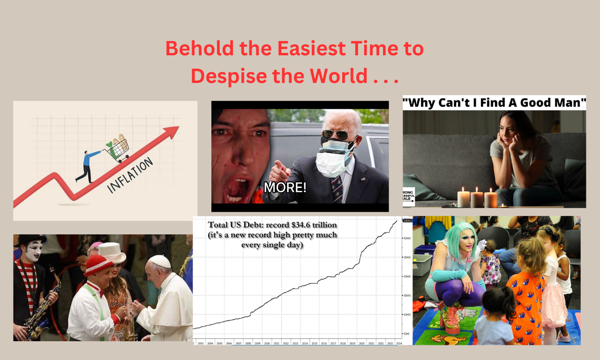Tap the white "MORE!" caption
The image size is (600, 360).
click(285, 187)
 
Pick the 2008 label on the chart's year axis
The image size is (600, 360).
click(247, 343)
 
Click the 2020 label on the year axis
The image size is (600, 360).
click(361, 343)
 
